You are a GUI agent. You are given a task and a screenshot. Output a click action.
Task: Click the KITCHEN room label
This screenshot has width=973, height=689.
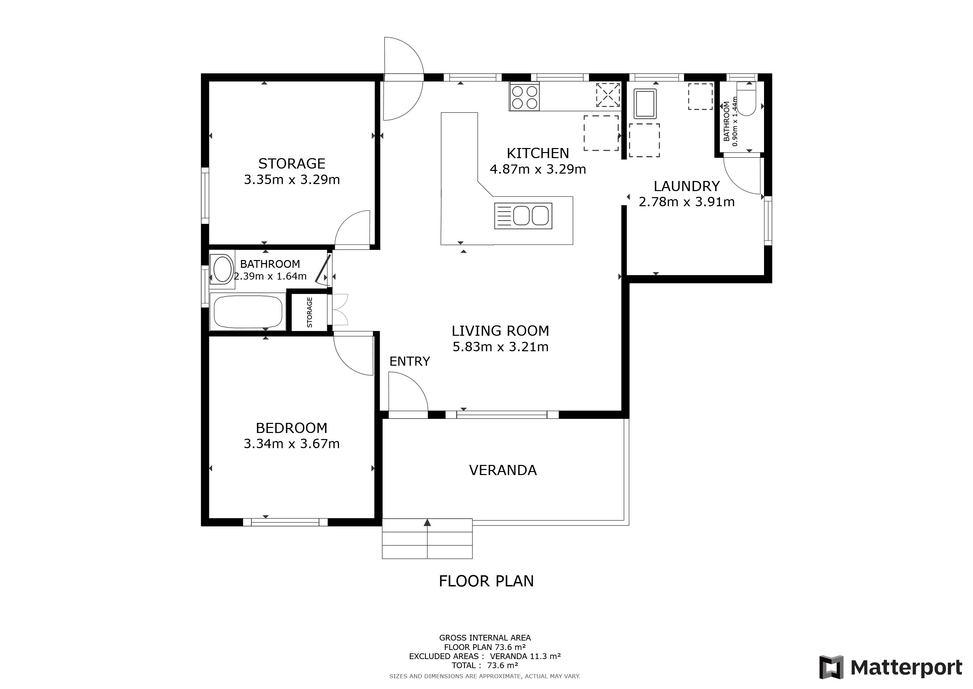pos(538,153)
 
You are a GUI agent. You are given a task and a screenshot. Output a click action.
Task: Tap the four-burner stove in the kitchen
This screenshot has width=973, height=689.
pos(524,97)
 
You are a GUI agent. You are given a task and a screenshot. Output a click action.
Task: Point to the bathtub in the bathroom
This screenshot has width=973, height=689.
pos(248,312)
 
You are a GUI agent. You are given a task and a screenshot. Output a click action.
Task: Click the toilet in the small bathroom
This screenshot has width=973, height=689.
pos(746,99)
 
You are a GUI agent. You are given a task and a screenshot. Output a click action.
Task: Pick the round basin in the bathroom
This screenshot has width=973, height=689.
pos(222,269)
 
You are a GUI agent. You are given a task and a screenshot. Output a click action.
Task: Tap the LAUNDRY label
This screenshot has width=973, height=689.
pos(686,186)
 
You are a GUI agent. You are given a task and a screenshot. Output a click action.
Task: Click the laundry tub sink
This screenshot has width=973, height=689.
pos(645,104)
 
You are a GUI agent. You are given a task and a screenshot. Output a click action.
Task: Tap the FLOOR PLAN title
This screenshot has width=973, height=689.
pos(487,581)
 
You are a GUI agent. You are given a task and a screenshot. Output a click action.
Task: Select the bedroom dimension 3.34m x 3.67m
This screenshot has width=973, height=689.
pos(292,444)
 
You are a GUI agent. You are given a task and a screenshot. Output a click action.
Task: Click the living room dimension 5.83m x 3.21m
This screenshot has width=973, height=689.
pos(501,347)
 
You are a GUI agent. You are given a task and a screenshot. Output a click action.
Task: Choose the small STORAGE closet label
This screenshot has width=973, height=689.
pos(309,312)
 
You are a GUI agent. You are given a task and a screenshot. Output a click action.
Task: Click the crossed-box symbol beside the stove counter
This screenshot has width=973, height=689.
pos(608,95)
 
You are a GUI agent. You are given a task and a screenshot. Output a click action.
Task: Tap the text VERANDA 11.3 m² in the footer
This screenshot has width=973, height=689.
pos(525,656)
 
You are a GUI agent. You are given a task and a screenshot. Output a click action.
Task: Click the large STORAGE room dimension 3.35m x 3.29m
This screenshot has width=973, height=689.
pos(292,180)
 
